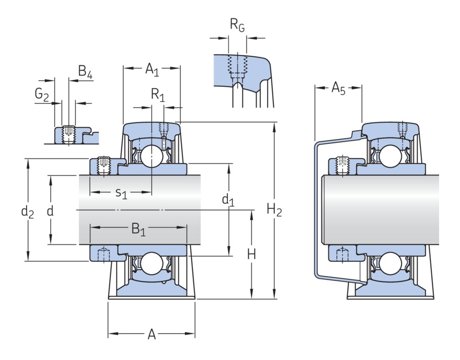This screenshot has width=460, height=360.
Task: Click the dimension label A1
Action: pos(152,69)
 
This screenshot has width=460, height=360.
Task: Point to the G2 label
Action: pos(41,94)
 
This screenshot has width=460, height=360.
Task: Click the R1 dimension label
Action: pos(157,95)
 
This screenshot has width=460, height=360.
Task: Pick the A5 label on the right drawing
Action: pos(338,88)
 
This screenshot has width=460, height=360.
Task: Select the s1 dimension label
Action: pos(121,193)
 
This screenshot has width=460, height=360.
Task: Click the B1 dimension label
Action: pos(139,229)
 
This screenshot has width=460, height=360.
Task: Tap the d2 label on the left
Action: pos(27,212)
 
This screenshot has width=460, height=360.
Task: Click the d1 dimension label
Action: pos(228,200)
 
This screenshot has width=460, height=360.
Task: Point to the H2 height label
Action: pos(274,210)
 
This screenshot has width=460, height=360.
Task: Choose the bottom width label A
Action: pos(152,334)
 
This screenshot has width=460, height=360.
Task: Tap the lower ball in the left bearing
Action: pos(152,264)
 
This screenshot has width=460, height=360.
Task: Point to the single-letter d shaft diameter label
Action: pos(50,212)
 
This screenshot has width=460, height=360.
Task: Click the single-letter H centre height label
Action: pos(251,254)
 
